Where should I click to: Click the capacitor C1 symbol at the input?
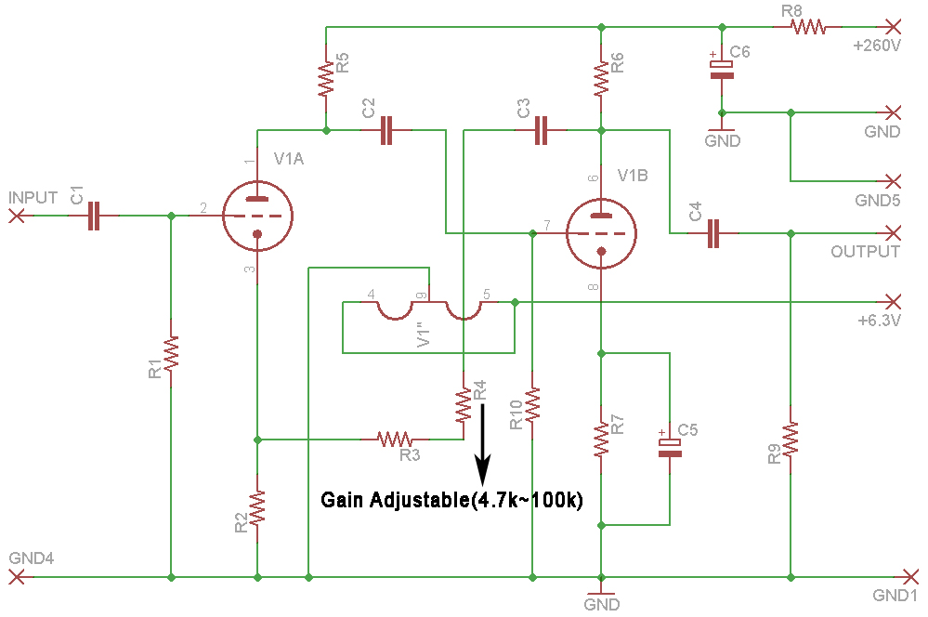93,217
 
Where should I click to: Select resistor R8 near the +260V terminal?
808,26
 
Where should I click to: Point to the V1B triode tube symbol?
601,233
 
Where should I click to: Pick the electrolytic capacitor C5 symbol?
670,444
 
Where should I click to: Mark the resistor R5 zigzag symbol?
326,80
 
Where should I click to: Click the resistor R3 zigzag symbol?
394,438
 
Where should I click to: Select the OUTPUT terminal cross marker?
893,232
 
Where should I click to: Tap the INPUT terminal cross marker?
16,217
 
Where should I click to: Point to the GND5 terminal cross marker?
893,180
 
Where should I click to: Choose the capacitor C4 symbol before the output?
712,233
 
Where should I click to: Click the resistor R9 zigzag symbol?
790,440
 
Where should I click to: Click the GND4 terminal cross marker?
16,577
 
